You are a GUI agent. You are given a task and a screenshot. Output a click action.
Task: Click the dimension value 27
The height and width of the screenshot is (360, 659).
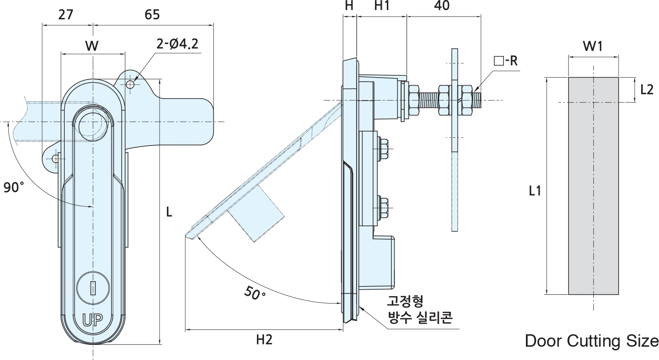click(65, 15)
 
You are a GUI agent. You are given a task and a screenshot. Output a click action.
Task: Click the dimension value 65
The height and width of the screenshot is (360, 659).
click(152, 15)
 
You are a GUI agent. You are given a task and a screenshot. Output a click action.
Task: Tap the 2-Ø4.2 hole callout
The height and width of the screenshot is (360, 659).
click(177, 45)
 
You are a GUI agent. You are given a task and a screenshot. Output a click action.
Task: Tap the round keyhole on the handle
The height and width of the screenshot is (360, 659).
click(93, 288)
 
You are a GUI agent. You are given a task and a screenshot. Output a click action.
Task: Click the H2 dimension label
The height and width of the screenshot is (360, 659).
click(264, 340)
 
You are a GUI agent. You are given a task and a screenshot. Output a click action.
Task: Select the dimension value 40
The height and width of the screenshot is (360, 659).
click(441, 6)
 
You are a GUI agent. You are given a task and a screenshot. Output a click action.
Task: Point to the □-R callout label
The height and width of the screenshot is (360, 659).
click(505, 61)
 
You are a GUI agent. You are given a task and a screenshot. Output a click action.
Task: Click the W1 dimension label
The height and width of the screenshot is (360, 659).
click(592, 46)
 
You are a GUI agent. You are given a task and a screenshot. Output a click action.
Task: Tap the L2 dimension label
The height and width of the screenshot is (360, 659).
click(646, 90)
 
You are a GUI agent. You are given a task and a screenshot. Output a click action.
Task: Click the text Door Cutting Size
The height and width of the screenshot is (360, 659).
click(591, 341)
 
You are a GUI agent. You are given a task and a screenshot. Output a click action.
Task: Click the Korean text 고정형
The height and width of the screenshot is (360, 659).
click(404, 302)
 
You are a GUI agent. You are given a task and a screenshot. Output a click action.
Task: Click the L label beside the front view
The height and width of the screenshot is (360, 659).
click(169, 212)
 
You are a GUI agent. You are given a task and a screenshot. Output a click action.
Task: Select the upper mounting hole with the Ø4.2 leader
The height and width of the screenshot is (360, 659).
click(131, 84)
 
